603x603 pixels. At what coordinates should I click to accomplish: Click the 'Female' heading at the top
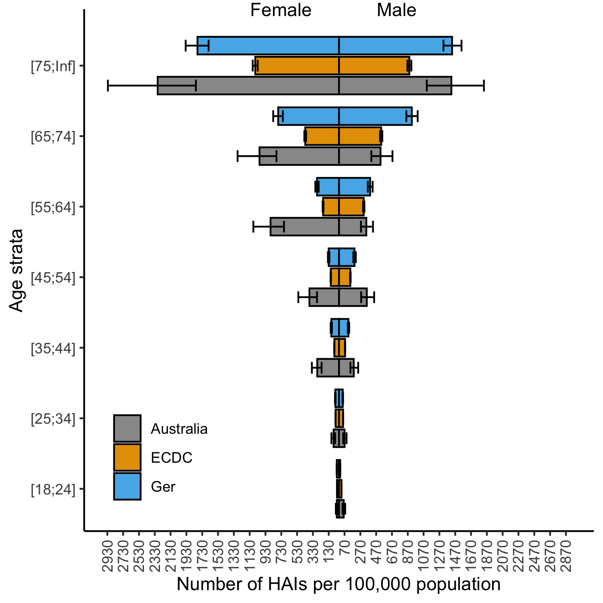(x=281, y=10)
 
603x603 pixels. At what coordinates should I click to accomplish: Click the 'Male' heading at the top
(x=396, y=10)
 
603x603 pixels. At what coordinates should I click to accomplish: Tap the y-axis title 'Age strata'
(x=16, y=270)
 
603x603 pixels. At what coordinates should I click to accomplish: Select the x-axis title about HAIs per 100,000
(x=338, y=584)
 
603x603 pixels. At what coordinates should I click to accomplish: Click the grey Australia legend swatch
(x=127, y=429)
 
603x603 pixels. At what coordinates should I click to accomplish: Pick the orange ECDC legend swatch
(x=127, y=457)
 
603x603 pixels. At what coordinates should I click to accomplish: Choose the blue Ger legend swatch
(x=127, y=486)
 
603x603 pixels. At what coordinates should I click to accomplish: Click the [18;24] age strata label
(x=53, y=490)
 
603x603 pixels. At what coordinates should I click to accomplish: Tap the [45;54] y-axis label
(x=53, y=278)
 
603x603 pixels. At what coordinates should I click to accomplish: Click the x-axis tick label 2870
(x=566, y=557)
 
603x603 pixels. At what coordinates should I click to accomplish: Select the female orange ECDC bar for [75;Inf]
(x=297, y=66)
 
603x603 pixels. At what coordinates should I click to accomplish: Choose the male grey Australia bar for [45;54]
(x=353, y=297)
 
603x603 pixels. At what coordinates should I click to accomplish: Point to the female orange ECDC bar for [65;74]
(x=322, y=136)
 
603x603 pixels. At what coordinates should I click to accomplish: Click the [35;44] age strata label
(x=53, y=349)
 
